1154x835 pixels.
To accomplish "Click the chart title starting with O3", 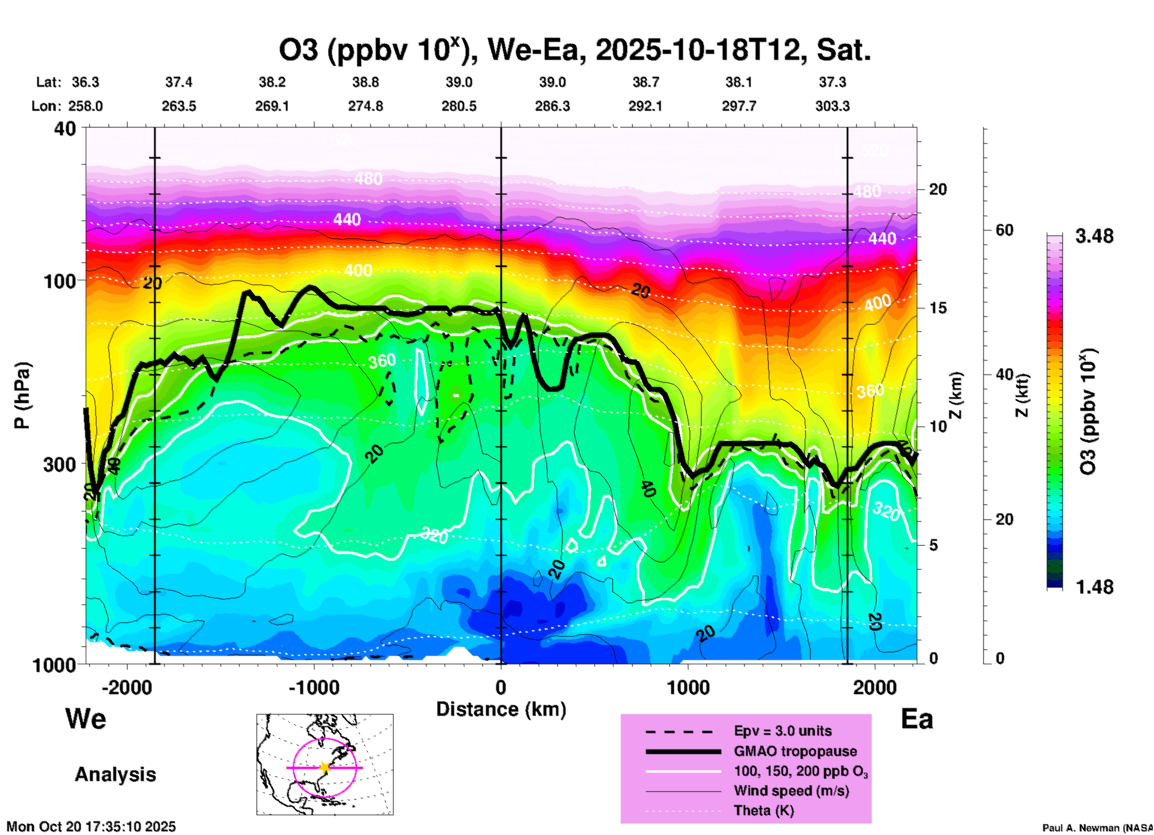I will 574,51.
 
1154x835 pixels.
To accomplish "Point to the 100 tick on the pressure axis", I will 61,281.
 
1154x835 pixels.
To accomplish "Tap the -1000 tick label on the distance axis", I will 313,688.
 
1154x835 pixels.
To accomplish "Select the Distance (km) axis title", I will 501,709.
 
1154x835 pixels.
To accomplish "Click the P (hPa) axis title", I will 22,395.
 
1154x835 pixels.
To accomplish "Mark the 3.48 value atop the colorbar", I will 1094,237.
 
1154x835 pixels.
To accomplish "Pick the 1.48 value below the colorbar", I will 1094,587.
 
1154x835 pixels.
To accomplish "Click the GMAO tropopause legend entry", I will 795,751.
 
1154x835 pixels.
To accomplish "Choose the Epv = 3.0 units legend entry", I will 783,731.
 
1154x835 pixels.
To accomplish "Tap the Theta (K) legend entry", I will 763,810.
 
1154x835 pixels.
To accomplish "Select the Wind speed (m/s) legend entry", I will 791,791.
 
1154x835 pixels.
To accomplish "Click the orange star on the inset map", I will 325,767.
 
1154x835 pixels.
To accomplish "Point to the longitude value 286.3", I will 552,106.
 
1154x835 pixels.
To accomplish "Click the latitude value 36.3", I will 86,82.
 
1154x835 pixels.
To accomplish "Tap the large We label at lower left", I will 86,719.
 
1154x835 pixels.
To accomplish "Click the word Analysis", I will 115,775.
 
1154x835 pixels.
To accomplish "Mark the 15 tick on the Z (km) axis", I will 938,308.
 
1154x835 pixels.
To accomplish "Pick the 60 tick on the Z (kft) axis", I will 1004,230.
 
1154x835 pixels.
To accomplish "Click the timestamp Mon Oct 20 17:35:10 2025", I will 91,827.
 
